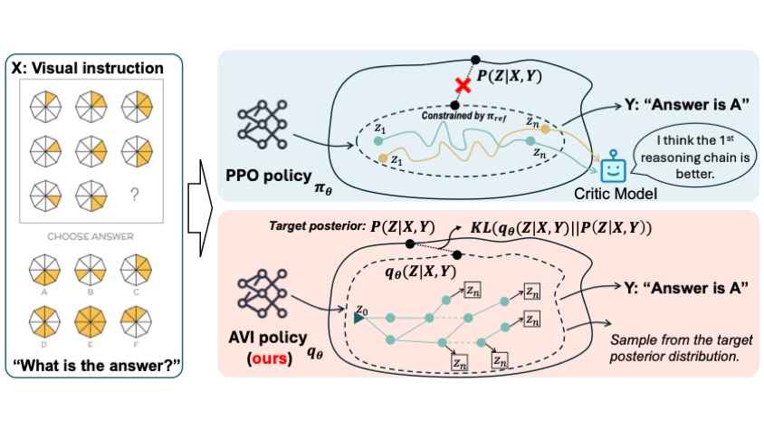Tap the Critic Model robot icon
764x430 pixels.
(614, 166)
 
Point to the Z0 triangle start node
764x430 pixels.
(360, 317)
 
